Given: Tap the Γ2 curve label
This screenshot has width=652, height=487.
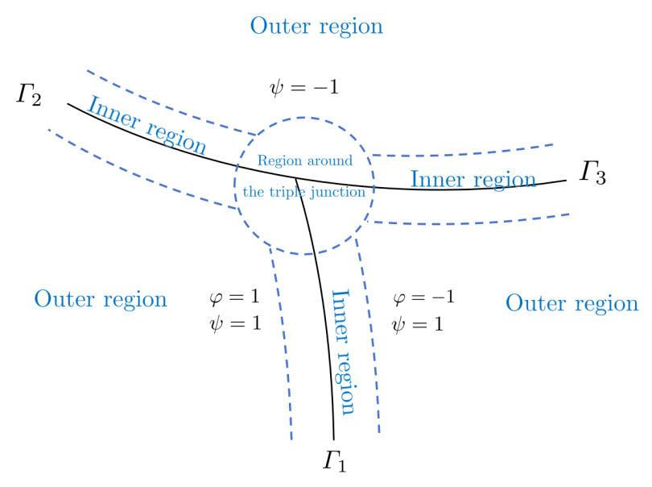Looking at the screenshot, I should point(29,95).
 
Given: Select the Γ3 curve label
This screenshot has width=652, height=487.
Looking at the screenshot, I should point(592,173).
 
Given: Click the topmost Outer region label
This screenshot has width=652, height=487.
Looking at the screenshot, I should point(316,26).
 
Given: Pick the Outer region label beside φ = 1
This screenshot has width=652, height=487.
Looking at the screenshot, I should point(101,300).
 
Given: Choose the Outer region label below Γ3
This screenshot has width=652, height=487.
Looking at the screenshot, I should point(572,304).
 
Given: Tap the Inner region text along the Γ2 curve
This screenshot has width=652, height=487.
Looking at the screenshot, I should point(146,126).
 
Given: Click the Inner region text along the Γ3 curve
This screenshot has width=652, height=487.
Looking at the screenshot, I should point(472,179).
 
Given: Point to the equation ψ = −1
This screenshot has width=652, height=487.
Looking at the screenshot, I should point(304,87).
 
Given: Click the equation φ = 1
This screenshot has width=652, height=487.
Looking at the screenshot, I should point(234,298).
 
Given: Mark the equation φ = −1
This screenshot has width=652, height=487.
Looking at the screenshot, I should point(423,298).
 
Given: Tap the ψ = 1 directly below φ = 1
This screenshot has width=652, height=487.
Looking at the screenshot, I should point(235,324).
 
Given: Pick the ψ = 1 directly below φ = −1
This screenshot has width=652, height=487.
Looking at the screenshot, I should point(417,325).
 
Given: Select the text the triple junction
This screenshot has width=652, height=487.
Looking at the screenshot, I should point(304,193).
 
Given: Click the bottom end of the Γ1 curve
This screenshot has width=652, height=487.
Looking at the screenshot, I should point(333,439).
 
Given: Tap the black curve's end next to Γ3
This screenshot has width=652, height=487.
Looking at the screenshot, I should point(566,180).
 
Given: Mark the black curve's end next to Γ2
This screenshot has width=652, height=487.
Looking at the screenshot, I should point(68,103).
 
